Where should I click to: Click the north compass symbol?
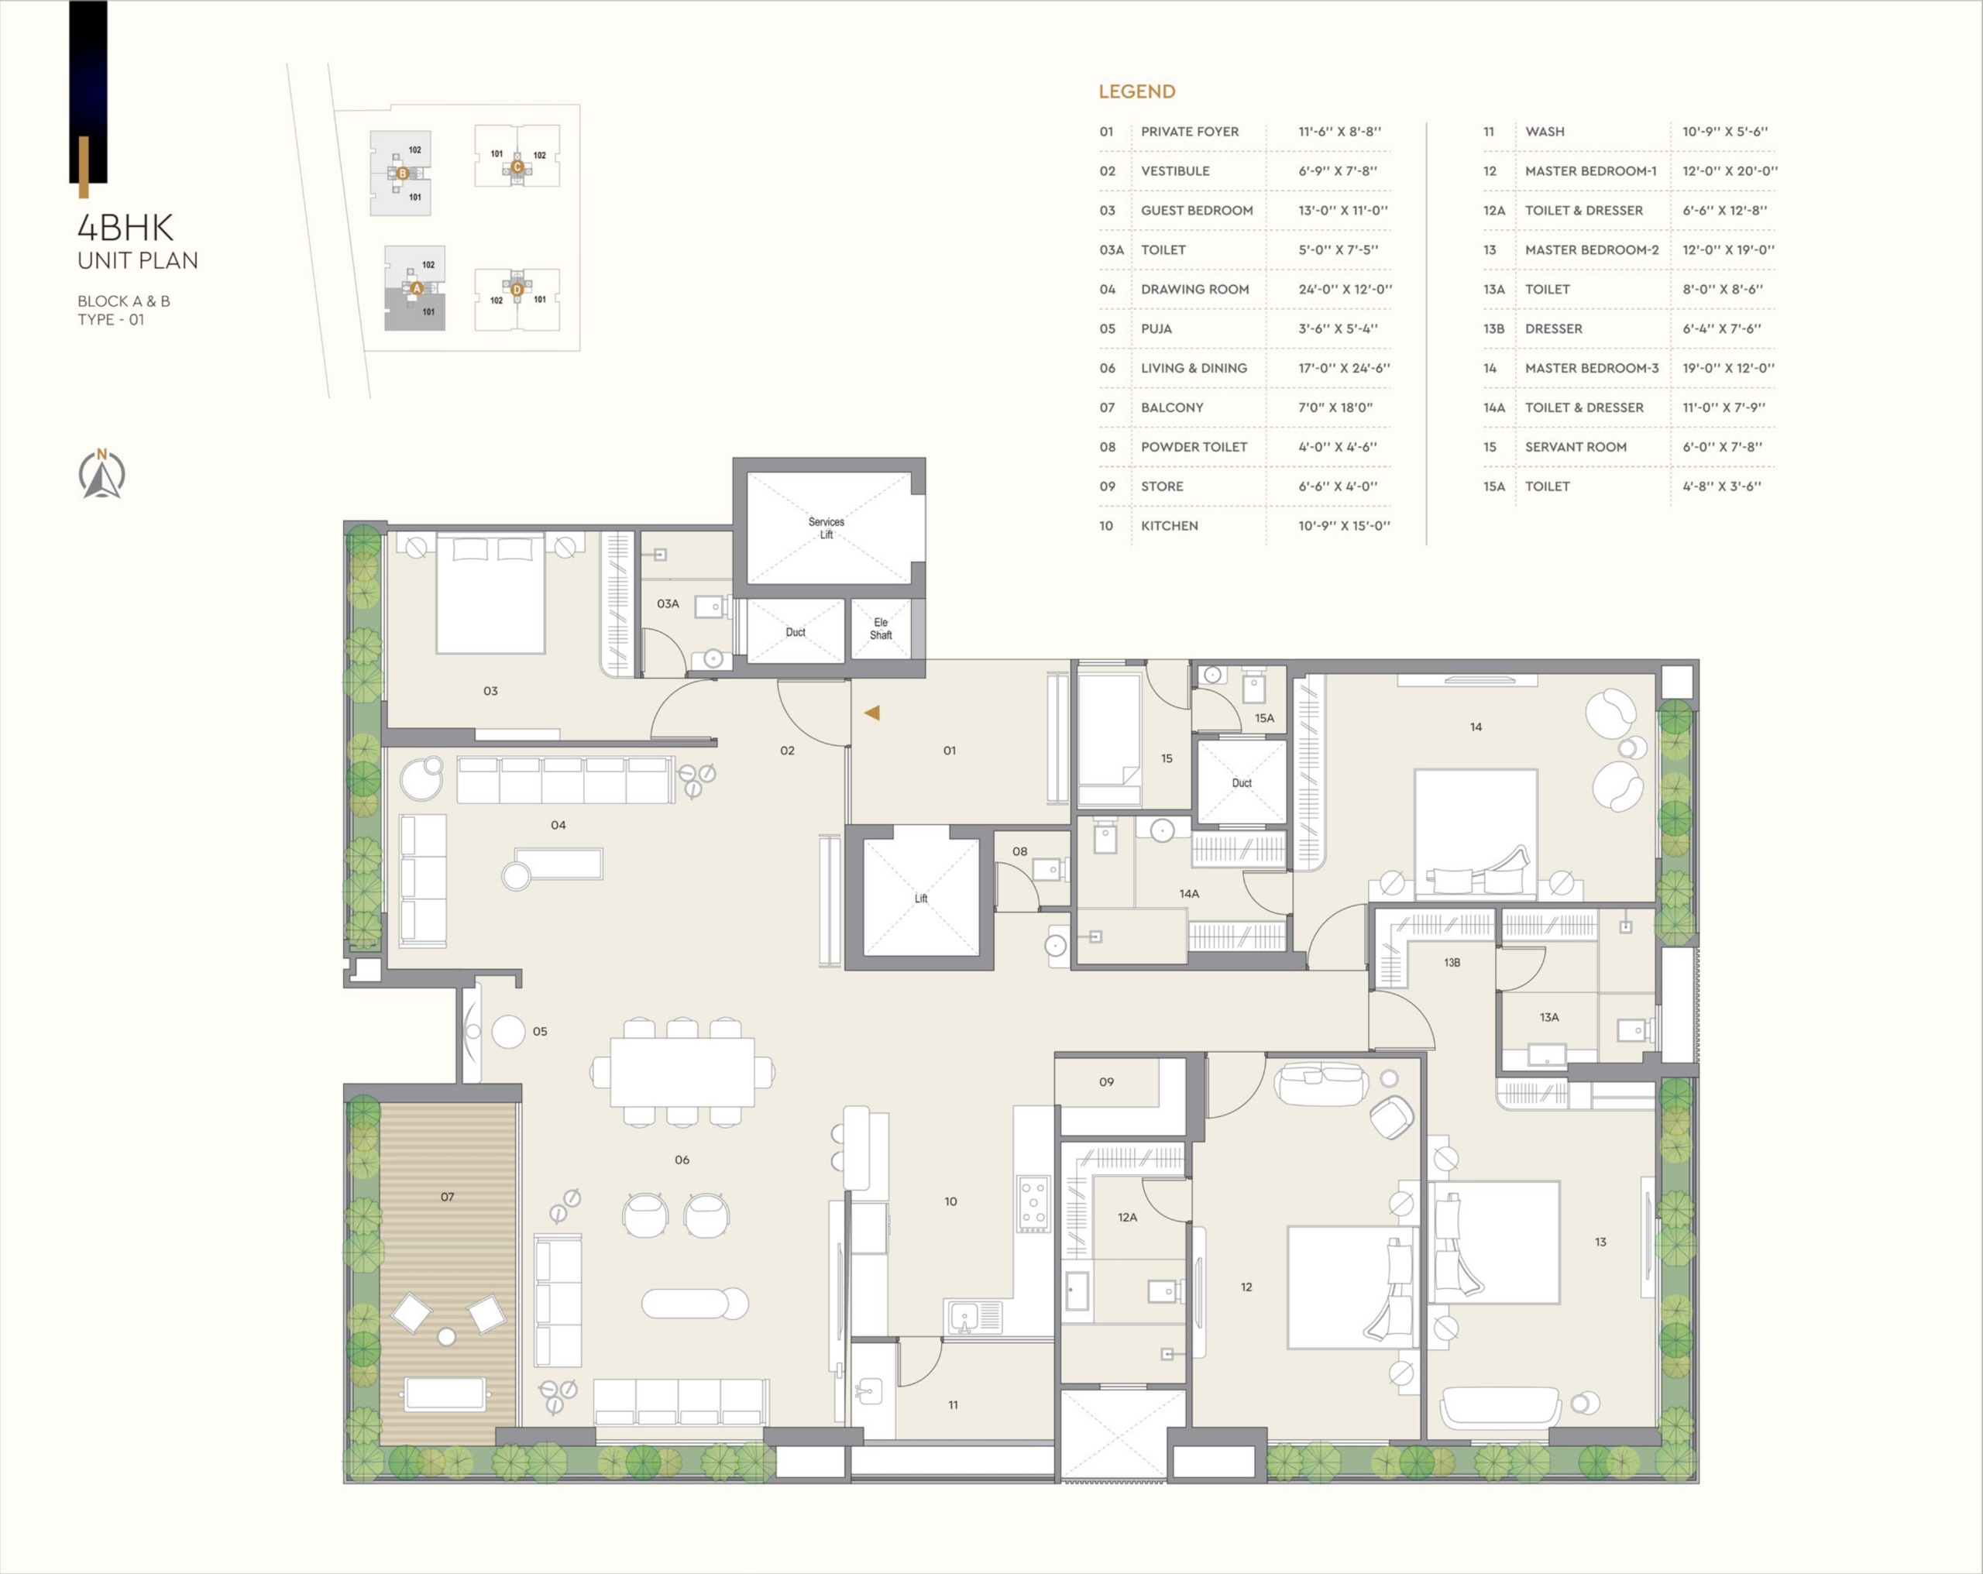click(x=101, y=475)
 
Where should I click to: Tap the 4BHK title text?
click(x=125, y=227)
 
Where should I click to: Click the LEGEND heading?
click(x=1137, y=92)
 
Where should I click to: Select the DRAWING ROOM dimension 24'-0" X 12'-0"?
click(x=1345, y=289)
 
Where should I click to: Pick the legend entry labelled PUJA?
click(x=1156, y=328)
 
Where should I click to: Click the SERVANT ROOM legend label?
click(x=1576, y=447)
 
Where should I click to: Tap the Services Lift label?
click(x=826, y=528)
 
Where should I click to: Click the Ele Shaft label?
click(x=880, y=628)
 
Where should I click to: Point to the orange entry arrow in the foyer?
click(x=872, y=712)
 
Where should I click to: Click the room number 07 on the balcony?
click(x=447, y=1197)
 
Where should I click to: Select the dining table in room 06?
click(x=682, y=1072)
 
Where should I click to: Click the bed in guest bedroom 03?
click(x=490, y=593)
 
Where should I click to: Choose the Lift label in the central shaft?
click(x=921, y=899)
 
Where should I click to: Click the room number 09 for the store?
click(x=1106, y=1082)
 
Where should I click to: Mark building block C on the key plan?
click(x=517, y=167)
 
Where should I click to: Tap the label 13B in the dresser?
click(x=1452, y=962)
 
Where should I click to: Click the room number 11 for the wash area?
click(x=953, y=1404)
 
